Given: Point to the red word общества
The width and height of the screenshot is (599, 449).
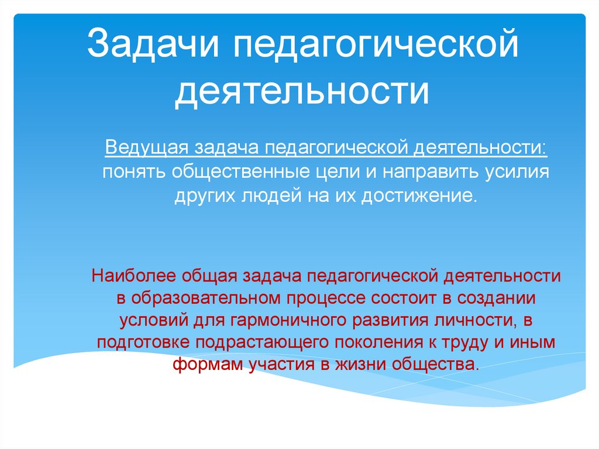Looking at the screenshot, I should click(x=437, y=365).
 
